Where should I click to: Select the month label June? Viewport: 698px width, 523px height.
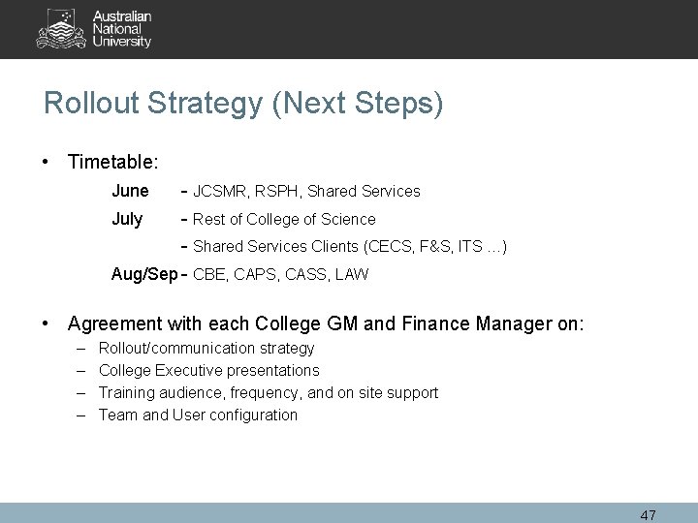(130, 191)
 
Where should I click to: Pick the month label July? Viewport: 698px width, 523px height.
(127, 219)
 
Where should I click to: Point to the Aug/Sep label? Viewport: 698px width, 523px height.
(144, 274)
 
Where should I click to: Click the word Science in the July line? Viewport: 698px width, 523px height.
(348, 220)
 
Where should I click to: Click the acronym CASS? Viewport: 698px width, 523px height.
(303, 275)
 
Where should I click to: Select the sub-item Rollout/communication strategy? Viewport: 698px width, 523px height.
(206, 348)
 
